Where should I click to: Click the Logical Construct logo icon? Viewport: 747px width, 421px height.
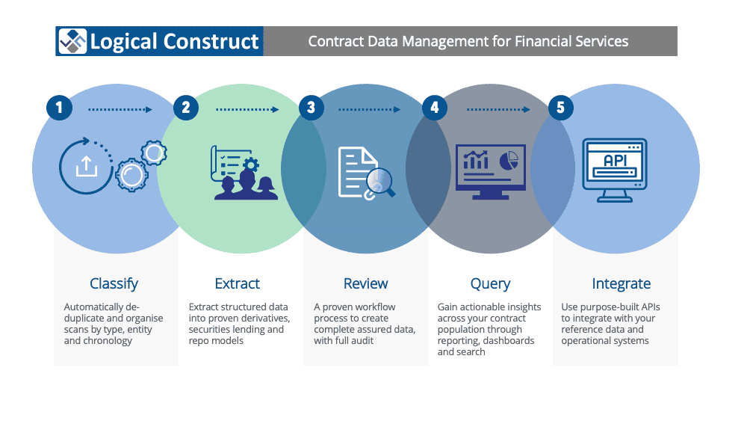coord(72,41)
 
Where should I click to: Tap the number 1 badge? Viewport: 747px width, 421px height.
coord(59,107)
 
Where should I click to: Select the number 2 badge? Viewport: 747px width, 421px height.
coord(186,107)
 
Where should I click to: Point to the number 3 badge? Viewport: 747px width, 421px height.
coord(311,107)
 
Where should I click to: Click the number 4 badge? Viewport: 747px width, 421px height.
coord(435,107)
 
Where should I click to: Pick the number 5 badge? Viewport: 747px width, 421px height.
coord(560,107)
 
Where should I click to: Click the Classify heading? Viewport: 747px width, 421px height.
coord(114,284)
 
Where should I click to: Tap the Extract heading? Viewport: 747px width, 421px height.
coord(238,283)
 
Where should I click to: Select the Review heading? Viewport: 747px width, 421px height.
coord(366,283)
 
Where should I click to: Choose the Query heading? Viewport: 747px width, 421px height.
coord(490,284)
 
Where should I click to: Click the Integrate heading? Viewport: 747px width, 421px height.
coord(622,284)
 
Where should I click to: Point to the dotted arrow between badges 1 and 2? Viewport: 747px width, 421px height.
coord(120,110)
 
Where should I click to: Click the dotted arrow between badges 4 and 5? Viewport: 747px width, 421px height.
coord(498,110)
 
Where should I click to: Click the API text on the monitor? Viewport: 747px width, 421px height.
coord(615,161)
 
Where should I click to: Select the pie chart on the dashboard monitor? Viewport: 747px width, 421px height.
coord(509,160)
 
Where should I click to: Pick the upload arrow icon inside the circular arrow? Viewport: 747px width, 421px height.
coord(86,167)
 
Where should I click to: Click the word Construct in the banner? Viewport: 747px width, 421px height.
coord(211,41)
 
